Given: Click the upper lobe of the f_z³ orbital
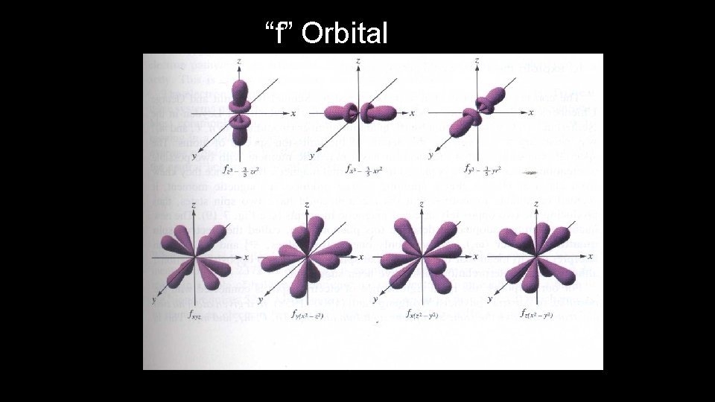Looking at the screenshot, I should (x=241, y=93).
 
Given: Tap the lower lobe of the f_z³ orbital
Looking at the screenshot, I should (x=241, y=137).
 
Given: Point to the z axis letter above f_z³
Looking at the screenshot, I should (x=239, y=59).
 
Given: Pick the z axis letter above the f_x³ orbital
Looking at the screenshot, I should (x=359, y=60).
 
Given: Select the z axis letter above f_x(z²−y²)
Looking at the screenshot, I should (x=423, y=205).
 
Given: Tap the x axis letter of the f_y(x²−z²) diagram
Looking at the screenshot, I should (x=361, y=258).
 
